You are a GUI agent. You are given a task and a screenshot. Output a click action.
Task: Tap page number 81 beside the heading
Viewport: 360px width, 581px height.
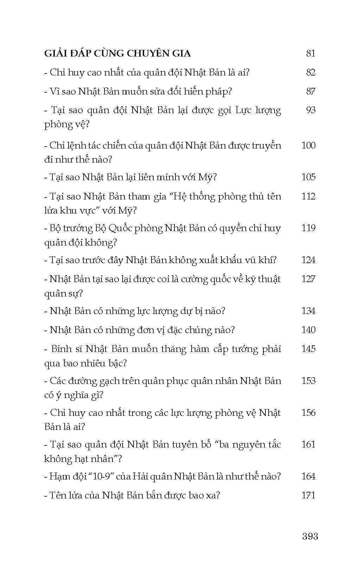311,53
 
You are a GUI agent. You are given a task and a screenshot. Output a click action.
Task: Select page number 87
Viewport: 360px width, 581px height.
311,91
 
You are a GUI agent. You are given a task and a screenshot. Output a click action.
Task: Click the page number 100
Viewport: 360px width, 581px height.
308,145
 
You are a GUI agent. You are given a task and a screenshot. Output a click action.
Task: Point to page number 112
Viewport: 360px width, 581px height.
308,196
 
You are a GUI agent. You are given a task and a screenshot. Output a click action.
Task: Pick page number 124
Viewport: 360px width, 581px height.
308,260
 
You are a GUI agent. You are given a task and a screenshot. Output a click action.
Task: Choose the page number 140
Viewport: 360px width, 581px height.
308,330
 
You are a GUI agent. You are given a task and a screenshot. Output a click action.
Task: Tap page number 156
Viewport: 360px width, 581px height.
308,412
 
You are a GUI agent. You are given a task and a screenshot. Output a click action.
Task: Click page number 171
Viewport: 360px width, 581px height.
308,495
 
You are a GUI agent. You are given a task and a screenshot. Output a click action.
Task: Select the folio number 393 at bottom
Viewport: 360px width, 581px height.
310,536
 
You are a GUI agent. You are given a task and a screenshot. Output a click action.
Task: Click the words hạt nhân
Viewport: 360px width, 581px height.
92,459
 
